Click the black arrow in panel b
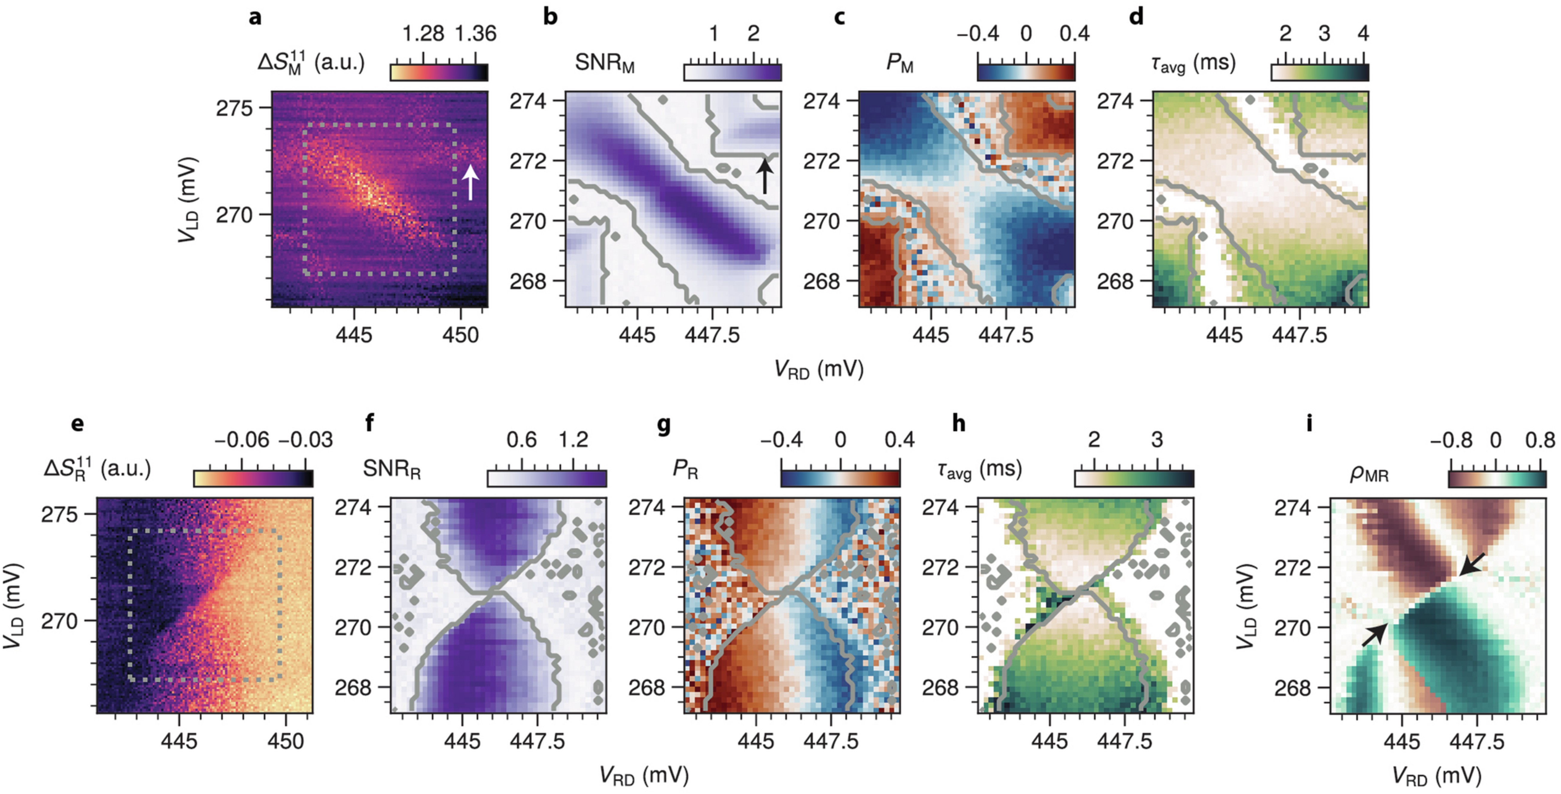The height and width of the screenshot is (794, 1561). coord(765,176)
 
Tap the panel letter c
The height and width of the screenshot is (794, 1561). coord(839,17)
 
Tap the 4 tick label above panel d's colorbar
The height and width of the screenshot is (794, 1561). coord(1363,33)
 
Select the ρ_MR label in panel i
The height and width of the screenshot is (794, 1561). coord(1369,473)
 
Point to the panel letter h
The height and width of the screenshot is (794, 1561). coord(959,423)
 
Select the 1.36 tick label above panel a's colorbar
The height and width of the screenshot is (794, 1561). coord(476,33)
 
